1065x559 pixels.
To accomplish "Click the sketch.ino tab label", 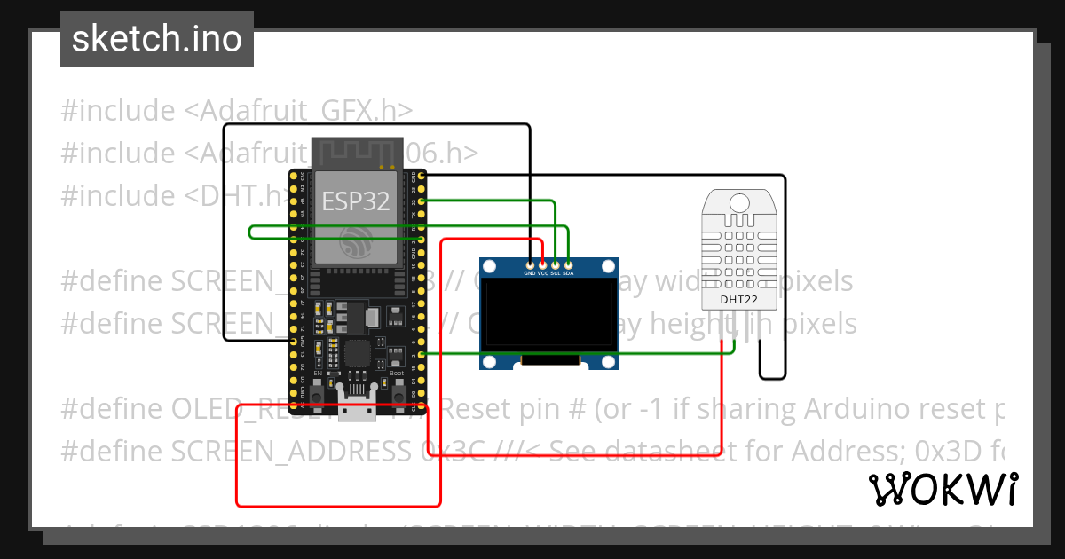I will pyautogui.click(x=157, y=39).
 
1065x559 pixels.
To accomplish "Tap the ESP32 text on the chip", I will pyautogui.click(x=355, y=201).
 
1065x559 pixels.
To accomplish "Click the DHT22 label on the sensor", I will pyautogui.click(x=738, y=299).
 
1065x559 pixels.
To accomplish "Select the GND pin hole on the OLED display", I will pyautogui.click(x=530, y=264).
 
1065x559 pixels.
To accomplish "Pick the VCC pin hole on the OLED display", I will pyautogui.click(x=542, y=264).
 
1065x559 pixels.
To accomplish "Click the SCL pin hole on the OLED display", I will pyautogui.click(x=556, y=264).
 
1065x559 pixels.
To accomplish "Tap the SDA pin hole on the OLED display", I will pyautogui.click(x=568, y=264).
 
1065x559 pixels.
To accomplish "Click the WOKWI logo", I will pyautogui.click(x=943, y=489).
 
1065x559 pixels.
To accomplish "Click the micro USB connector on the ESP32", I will pyautogui.click(x=354, y=410).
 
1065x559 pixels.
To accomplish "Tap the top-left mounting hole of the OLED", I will pyautogui.click(x=490, y=266).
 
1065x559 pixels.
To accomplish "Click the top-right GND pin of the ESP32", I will pyautogui.click(x=421, y=176).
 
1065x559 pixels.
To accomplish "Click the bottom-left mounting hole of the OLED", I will pyautogui.click(x=490, y=361).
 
